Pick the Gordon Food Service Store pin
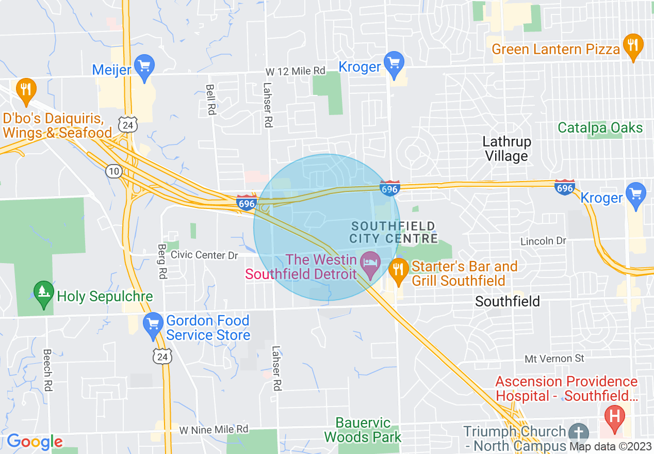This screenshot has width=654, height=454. [x=153, y=326]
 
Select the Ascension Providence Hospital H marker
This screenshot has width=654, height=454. [x=614, y=413]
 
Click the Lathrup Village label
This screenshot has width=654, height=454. [x=506, y=149]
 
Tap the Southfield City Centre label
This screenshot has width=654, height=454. [x=394, y=232]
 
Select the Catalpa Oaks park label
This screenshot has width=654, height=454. [x=600, y=127]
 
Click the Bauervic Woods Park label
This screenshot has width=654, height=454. [x=363, y=430]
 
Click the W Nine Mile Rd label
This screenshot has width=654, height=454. [x=214, y=429]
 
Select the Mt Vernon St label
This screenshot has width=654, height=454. [x=554, y=358]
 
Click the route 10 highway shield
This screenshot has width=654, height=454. [x=113, y=171]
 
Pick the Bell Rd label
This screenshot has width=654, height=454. [x=210, y=100]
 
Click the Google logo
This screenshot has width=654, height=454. [x=35, y=442]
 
